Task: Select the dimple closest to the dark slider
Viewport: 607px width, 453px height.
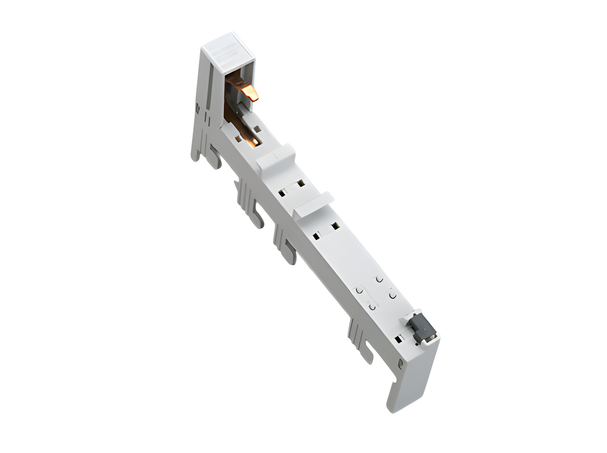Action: pyautogui.click(x=392, y=296)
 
